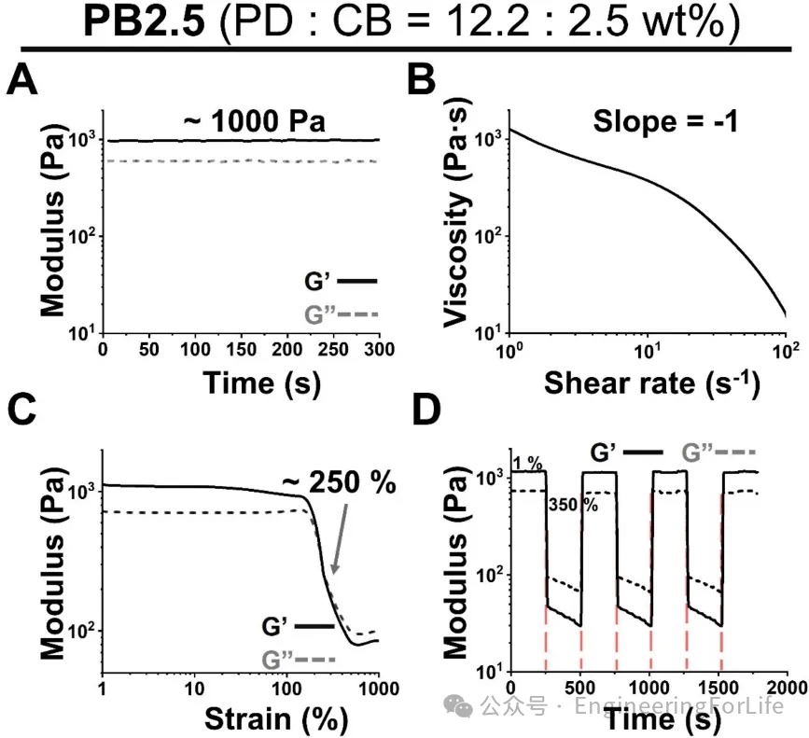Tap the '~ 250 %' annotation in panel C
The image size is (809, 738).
pyautogui.click(x=339, y=482)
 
